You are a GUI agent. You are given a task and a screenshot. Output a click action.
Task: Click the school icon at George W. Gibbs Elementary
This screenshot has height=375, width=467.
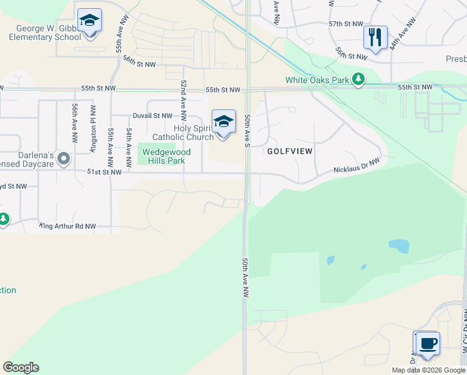point(89,21)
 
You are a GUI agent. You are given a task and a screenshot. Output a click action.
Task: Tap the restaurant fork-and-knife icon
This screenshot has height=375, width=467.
point(375,37)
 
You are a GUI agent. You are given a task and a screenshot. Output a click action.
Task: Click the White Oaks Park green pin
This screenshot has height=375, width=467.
point(358,79)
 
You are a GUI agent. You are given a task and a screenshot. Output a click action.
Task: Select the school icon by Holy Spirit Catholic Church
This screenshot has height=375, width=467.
point(224,121)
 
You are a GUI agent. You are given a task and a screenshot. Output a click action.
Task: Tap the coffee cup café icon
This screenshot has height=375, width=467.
point(428,344)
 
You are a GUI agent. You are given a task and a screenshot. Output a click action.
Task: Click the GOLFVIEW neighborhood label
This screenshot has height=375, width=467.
point(290,151)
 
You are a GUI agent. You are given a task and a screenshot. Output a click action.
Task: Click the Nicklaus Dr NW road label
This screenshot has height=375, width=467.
point(356,165)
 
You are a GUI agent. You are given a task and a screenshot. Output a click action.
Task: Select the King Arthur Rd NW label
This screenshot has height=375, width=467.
point(67,226)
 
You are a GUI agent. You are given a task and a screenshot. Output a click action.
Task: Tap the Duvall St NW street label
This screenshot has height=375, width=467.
point(152,116)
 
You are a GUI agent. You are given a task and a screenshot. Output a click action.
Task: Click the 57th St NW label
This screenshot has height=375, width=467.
point(346,23)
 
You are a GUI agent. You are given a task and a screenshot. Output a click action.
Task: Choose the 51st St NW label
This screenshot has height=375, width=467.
point(104,172)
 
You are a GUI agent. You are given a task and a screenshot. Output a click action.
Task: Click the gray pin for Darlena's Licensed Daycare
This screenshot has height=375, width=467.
point(62,159)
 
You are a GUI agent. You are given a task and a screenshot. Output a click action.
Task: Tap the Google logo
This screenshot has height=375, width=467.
point(21,367)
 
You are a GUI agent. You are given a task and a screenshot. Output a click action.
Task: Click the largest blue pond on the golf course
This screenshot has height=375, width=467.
point(399,246)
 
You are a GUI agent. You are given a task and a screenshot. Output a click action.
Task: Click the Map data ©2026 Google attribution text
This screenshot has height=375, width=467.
point(428,370)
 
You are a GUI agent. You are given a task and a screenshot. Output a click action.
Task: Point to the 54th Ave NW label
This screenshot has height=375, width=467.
point(129,144)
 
